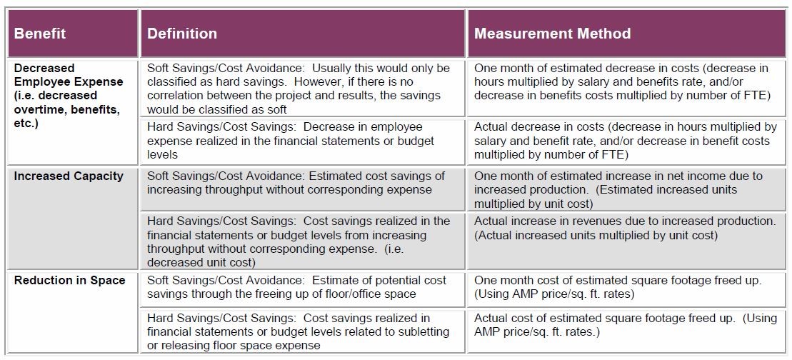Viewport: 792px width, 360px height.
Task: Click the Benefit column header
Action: pyautogui.click(x=40, y=34)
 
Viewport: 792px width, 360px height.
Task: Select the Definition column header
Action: pyautogui.click(x=182, y=34)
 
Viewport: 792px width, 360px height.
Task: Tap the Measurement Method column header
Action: pyautogui.click(x=552, y=34)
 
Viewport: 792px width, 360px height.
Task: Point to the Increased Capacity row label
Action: pyautogui.click(x=69, y=176)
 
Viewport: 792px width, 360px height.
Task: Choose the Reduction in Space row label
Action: pyautogui.click(x=69, y=281)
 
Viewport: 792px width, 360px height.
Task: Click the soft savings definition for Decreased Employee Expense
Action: pyautogui.click(x=299, y=89)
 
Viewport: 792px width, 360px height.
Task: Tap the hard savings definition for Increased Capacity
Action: pyautogui.click(x=299, y=241)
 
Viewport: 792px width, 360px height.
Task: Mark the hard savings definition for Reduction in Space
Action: pyautogui.click(x=298, y=331)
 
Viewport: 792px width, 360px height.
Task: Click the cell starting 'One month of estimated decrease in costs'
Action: pyautogui.click(x=621, y=81)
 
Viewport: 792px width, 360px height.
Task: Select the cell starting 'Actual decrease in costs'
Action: pyautogui.click(x=625, y=141)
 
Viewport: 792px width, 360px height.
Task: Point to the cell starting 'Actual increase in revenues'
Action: pyautogui.click(x=624, y=228)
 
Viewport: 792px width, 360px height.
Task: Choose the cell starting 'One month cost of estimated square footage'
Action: pyautogui.click(x=618, y=287)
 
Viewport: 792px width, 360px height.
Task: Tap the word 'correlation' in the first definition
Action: pyautogui.click(x=178, y=96)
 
